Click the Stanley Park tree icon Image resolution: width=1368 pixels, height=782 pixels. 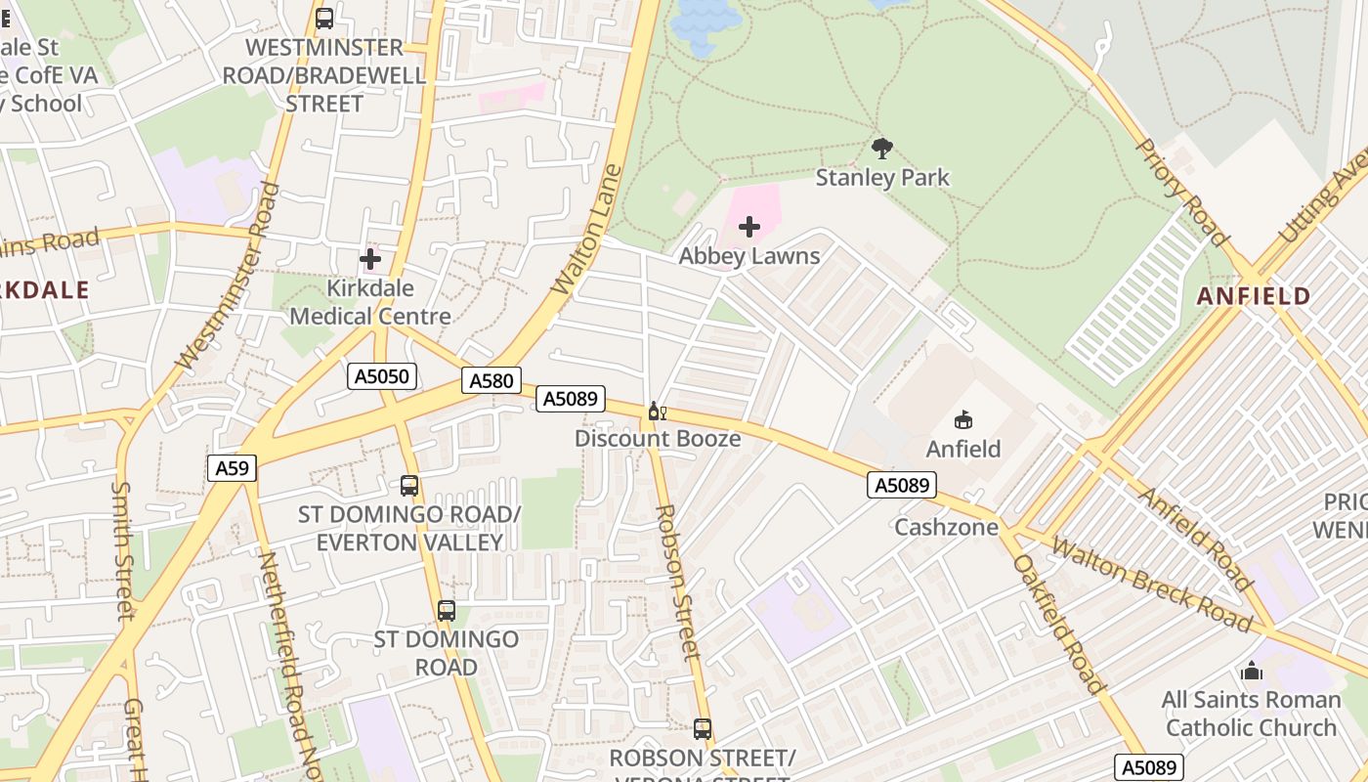point(882,149)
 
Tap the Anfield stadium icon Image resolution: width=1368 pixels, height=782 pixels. point(963,420)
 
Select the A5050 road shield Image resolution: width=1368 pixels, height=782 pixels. point(382,376)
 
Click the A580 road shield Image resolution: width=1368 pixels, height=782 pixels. point(492,381)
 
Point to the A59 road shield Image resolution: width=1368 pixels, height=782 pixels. point(232,468)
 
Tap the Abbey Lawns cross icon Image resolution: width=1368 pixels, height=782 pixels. point(749,227)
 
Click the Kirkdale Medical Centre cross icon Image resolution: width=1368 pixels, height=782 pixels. point(370,259)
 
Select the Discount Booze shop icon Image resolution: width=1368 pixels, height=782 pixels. point(657,412)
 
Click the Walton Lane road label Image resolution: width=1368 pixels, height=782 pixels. point(587,230)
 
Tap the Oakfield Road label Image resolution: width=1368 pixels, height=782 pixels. point(1057,624)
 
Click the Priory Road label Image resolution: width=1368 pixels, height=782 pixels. point(1181,192)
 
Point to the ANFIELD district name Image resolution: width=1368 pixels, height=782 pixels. point(1254,296)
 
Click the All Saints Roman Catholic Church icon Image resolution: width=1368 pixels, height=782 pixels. point(1252,671)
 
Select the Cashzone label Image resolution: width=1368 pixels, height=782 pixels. point(947,528)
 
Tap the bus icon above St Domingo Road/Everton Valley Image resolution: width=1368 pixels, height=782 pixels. point(409,485)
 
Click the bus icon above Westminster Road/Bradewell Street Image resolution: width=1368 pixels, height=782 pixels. point(324,18)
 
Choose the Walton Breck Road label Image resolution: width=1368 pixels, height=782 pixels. point(1151,583)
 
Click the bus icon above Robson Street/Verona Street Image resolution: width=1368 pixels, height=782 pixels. point(703,728)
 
